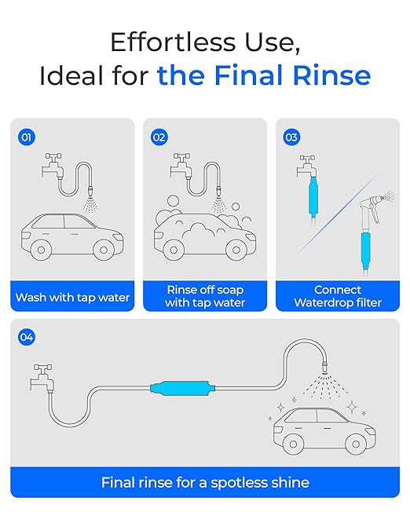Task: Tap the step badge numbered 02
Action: point(159,137)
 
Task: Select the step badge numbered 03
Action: point(292,137)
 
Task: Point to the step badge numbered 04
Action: point(27,337)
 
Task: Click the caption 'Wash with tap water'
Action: point(71,298)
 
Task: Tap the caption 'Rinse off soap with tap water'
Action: point(205,295)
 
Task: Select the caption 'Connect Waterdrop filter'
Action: point(337,295)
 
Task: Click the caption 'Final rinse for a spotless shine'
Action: point(205,482)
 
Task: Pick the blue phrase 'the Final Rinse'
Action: point(263,75)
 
